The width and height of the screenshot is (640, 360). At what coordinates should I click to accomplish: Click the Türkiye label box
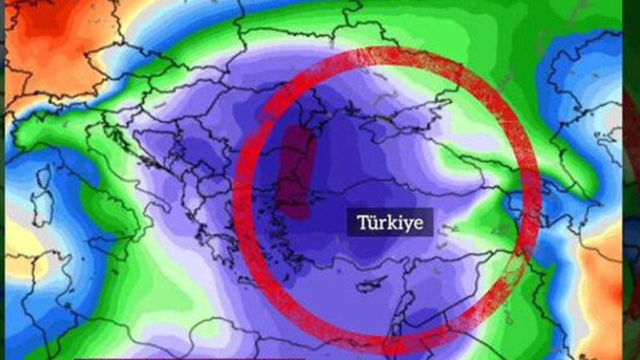[390, 222]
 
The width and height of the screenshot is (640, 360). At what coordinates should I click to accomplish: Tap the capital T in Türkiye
[362, 222]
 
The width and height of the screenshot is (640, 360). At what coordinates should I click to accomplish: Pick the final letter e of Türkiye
[419, 223]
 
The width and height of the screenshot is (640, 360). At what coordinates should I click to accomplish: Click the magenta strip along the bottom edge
[187, 358]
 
